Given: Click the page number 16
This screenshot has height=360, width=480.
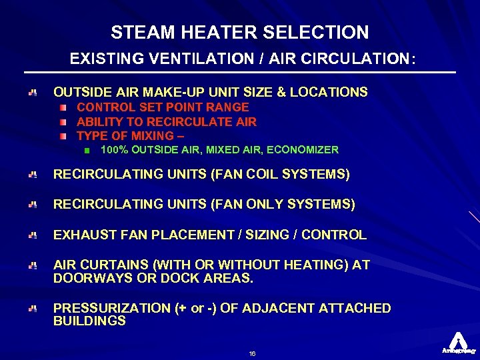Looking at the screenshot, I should coord(251,353).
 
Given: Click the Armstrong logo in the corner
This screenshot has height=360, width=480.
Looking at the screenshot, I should coord(457,342).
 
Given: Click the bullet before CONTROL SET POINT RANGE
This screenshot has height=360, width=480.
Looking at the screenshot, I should coord(62,107).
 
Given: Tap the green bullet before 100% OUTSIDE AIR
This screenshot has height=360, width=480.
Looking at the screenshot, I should coord(87,151).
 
